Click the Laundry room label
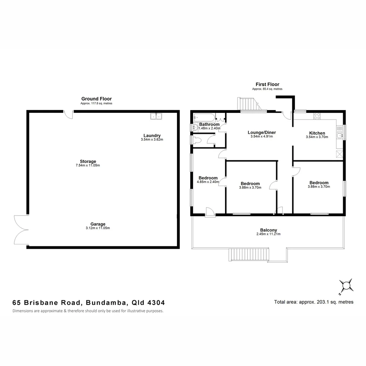click(x=152, y=136)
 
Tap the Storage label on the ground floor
click(x=88, y=161)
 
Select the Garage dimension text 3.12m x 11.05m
click(x=98, y=228)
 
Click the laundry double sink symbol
click(x=156, y=116)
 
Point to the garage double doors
click(x=21, y=230)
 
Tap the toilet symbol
click(x=196, y=140)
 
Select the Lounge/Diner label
click(x=261, y=132)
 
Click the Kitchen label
click(x=317, y=133)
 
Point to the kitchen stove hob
click(x=317, y=116)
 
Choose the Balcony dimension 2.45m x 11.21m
click(x=268, y=234)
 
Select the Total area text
click(x=313, y=302)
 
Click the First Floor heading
click(x=267, y=84)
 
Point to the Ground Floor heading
click(x=96, y=99)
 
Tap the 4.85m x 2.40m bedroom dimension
click(x=208, y=182)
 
